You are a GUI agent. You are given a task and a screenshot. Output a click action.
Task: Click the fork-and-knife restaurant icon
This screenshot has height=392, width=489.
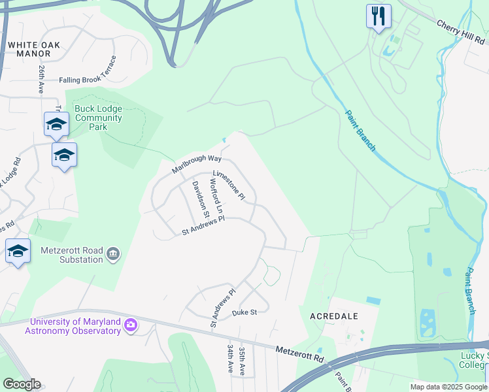(379, 16)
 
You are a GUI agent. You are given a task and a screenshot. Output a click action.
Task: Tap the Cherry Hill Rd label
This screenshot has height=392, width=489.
(463, 31)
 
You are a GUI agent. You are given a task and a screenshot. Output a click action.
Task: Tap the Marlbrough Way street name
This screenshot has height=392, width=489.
(197, 163)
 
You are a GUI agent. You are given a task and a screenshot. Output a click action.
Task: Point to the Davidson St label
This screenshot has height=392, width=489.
(200, 199)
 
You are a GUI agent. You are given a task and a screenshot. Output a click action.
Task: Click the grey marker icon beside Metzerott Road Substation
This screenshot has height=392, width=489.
(113, 253)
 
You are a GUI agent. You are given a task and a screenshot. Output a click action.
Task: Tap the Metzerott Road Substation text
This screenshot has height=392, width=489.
(72, 255)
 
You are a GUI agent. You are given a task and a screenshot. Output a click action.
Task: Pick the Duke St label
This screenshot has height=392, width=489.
(244, 313)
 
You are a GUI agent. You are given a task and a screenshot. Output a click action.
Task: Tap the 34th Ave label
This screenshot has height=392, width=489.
(230, 359)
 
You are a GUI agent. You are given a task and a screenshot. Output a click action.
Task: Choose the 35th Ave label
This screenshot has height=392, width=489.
(242, 361)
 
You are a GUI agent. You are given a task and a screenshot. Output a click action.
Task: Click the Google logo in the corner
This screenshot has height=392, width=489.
(22, 384)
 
